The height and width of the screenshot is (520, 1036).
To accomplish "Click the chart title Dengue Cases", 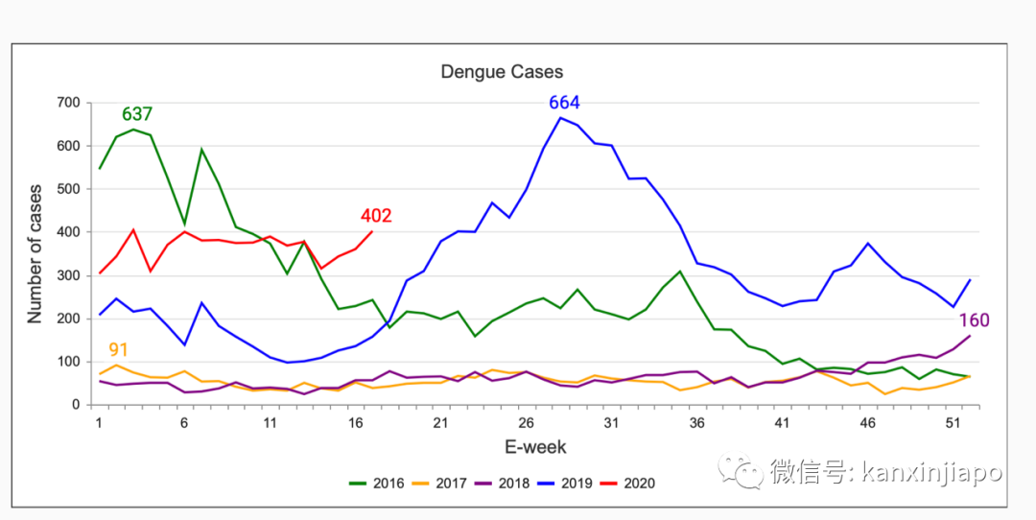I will point(502,72).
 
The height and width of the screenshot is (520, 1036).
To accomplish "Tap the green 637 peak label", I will point(137,115).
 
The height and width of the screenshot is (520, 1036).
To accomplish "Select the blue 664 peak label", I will point(564,103).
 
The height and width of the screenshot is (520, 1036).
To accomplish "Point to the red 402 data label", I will point(376,216).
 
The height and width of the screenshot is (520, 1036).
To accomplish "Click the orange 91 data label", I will point(119,350).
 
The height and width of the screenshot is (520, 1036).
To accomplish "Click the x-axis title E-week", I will point(535,447).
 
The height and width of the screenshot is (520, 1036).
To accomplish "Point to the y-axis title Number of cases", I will point(35,253).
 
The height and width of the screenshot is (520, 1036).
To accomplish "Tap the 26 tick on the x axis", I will point(526,422).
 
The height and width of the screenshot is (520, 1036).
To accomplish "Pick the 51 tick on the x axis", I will point(953,422).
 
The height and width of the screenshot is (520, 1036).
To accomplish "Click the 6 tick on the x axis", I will point(184,422).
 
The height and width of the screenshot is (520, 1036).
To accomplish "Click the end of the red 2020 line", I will point(372,231).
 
